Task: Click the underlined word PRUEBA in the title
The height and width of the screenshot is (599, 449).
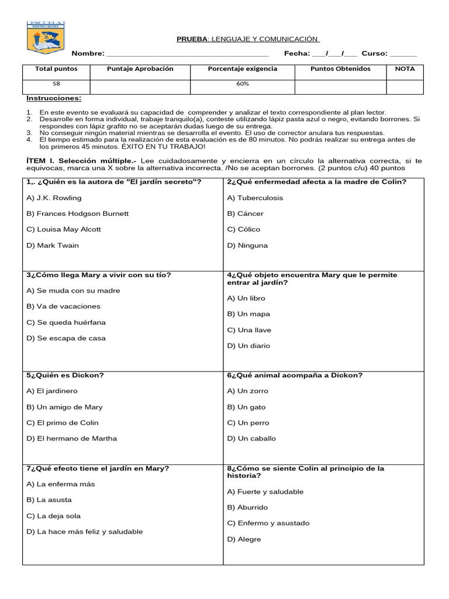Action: [x=191, y=39]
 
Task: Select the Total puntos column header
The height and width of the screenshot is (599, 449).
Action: [x=56, y=69]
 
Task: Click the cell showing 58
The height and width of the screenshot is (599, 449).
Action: [x=56, y=84]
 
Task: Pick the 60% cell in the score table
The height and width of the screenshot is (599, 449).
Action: [x=243, y=84]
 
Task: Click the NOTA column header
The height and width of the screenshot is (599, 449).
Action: [x=405, y=69]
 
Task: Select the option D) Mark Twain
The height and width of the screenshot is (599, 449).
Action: [x=53, y=245]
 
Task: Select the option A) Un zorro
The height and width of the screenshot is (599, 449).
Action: [x=248, y=391]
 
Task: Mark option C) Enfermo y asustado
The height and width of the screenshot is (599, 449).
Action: [x=268, y=523]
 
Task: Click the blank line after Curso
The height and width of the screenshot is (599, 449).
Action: [x=403, y=54]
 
